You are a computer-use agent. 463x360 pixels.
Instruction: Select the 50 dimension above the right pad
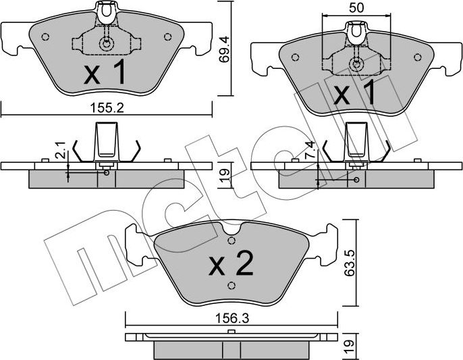coord(356,8)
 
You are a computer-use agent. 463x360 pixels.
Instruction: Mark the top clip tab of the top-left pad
coord(106,10)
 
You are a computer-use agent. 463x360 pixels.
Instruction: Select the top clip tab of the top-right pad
coord(356,30)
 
